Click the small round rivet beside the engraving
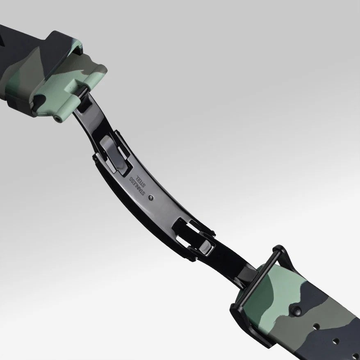pyautogui.click(x=151, y=198)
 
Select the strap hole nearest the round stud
pyautogui.click(x=316, y=326)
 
